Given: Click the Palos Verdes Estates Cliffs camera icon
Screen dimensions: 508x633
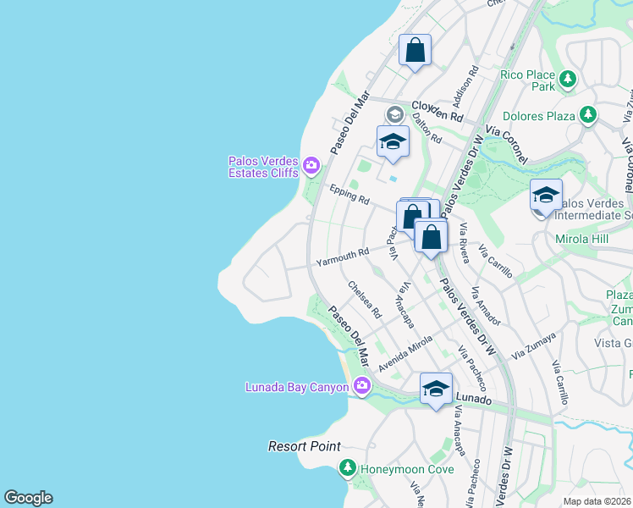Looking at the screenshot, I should pyautogui.click(x=311, y=164).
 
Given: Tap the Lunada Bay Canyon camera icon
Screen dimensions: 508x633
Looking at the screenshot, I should pyautogui.click(x=362, y=386).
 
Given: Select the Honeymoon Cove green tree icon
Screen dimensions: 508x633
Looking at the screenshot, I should pyautogui.click(x=347, y=467).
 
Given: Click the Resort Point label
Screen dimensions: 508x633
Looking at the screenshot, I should pyautogui.click(x=305, y=446).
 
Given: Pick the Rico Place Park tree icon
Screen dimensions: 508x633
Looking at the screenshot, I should pyautogui.click(x=567, y=80).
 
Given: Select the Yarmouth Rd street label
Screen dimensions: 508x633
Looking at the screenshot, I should pyautogui.click(x=343, y=257).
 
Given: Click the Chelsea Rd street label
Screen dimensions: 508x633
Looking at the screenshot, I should pyautogui.click(x=366, y=300).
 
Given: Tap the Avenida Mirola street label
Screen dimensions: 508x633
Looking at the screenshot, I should pyautogui.click(x=405, y=354).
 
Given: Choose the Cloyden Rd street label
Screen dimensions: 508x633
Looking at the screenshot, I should pyautogui.click(x=438, y=110).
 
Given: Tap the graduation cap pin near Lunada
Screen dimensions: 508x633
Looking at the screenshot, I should pyautogui.click(x=436, y=389).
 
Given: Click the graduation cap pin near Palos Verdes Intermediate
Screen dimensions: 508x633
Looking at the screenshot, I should pyautogui.click(x=546, y=196).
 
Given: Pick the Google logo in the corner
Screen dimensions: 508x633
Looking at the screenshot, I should pyautogui.click(x=28, y=498).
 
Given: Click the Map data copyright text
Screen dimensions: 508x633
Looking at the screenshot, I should pyautogui.click(x=597, y=501).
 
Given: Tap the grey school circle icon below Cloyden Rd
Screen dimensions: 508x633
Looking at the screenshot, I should pyautogui.click(x=394, y=114).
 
